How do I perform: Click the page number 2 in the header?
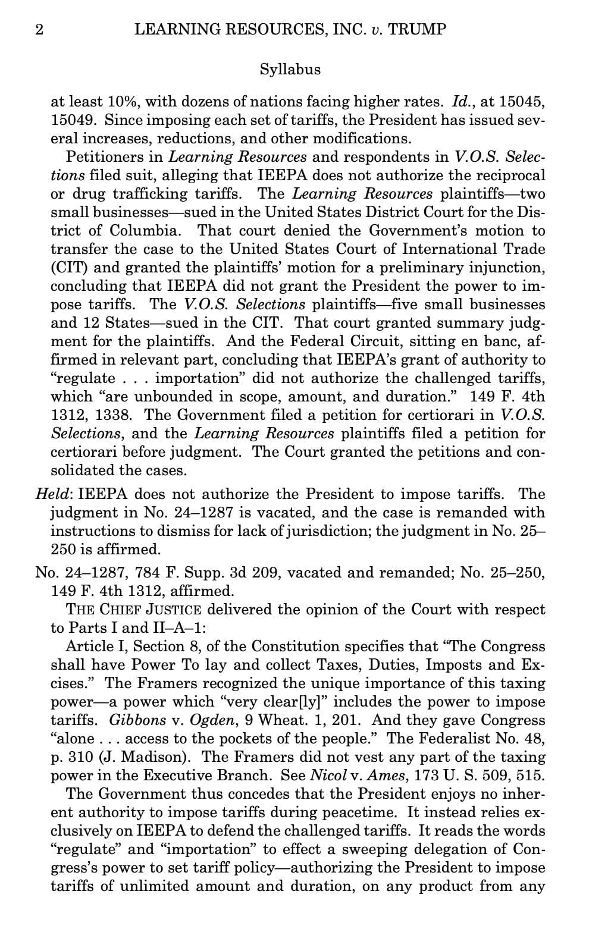pos(39,30)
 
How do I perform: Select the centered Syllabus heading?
pos(290,70)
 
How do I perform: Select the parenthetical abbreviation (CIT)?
pos(68,268)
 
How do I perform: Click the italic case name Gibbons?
pos(137,720)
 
